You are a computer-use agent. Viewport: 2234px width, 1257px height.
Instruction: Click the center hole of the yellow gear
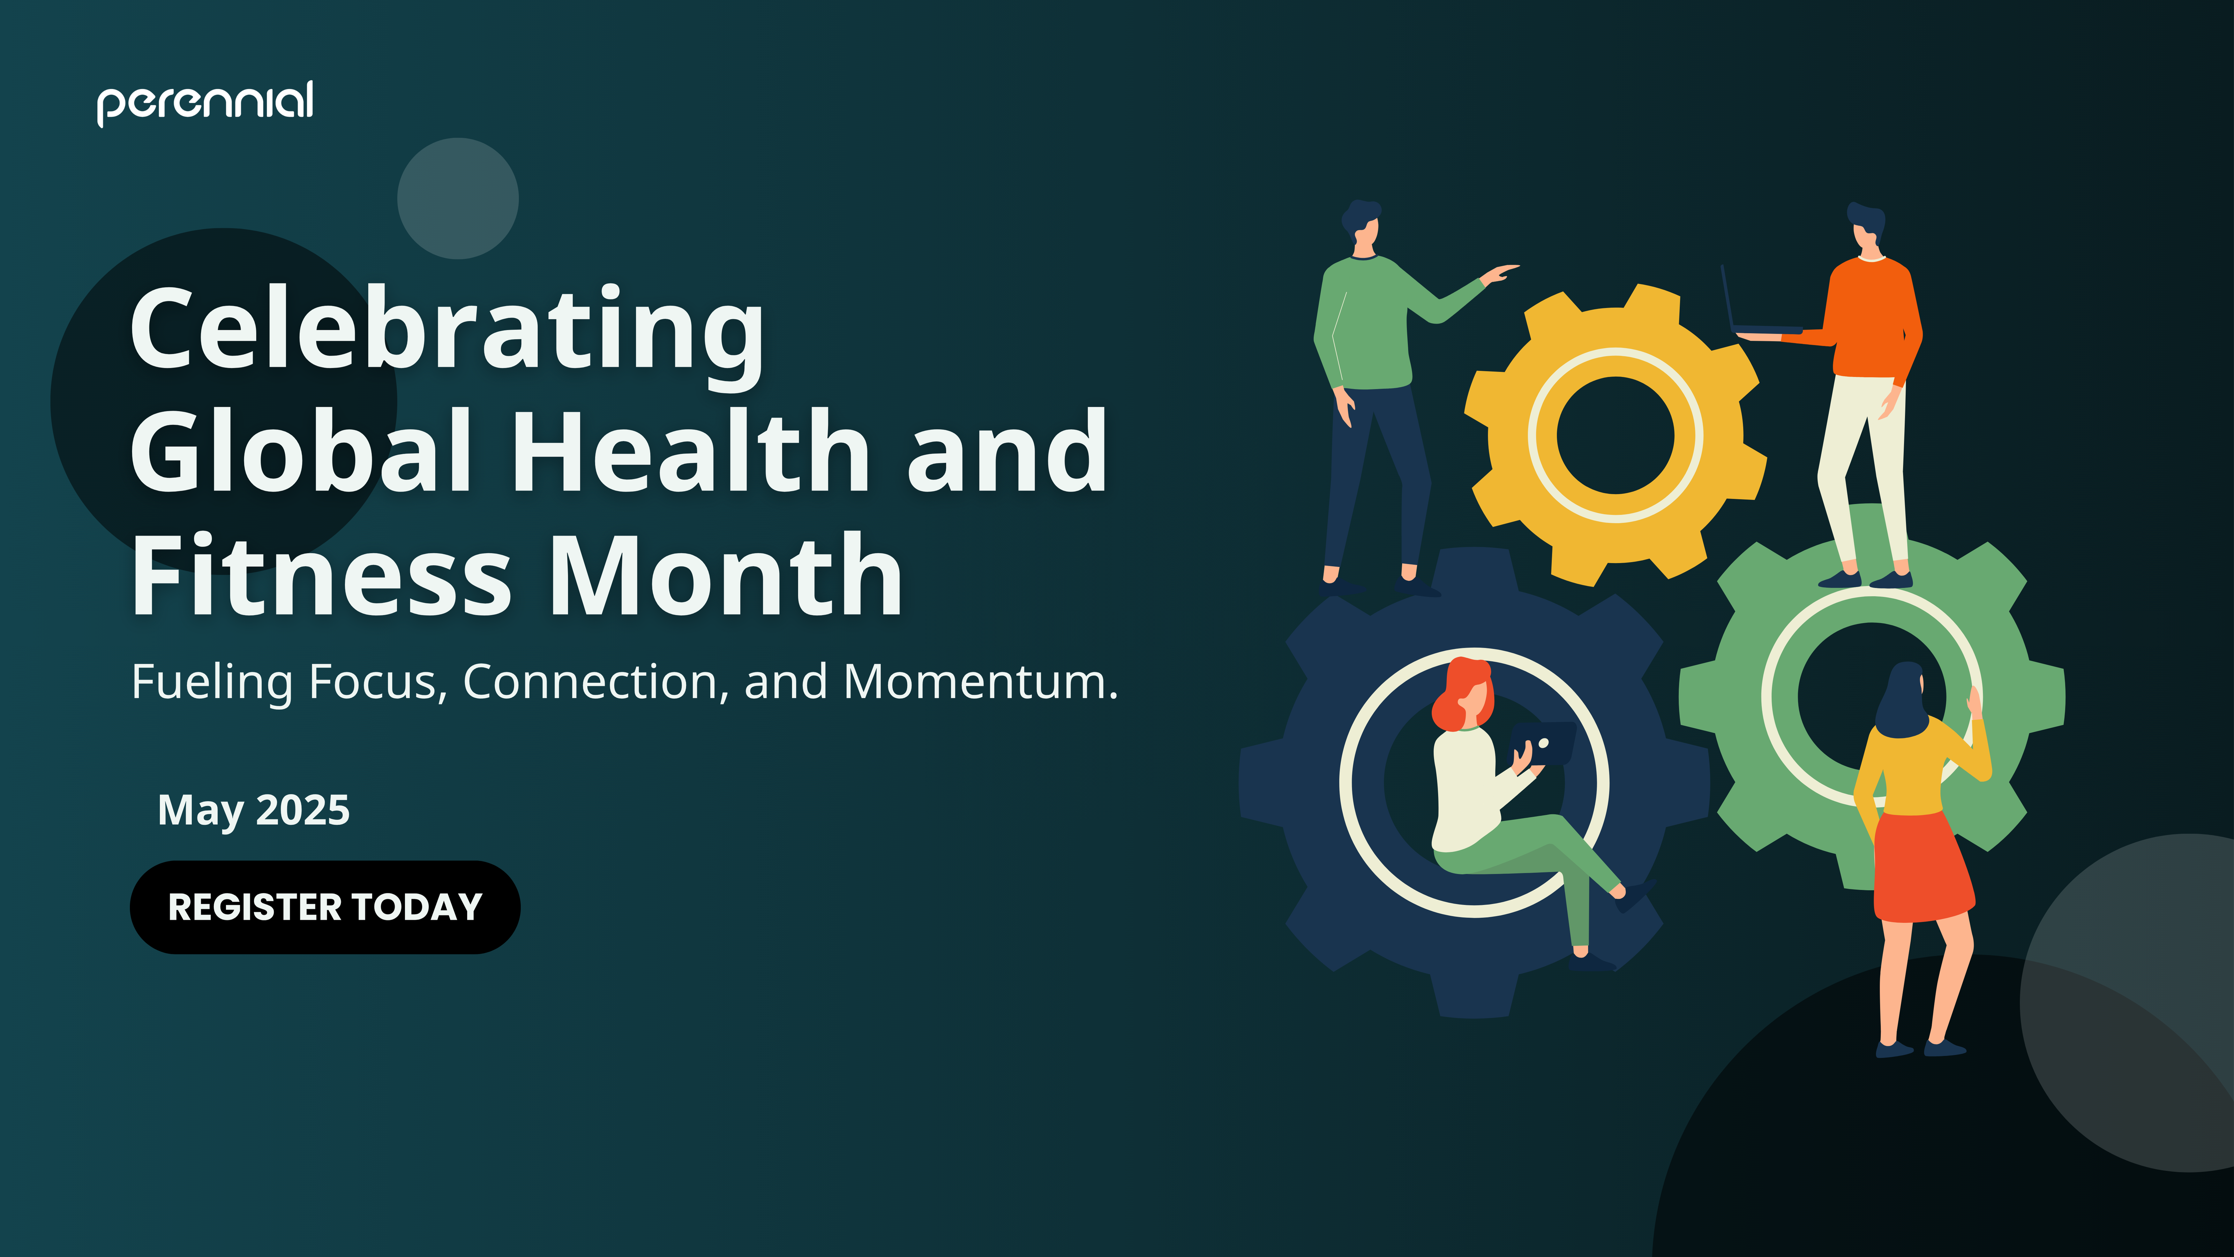[1615, 435]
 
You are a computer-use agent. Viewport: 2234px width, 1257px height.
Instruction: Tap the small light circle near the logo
[458, 199]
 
